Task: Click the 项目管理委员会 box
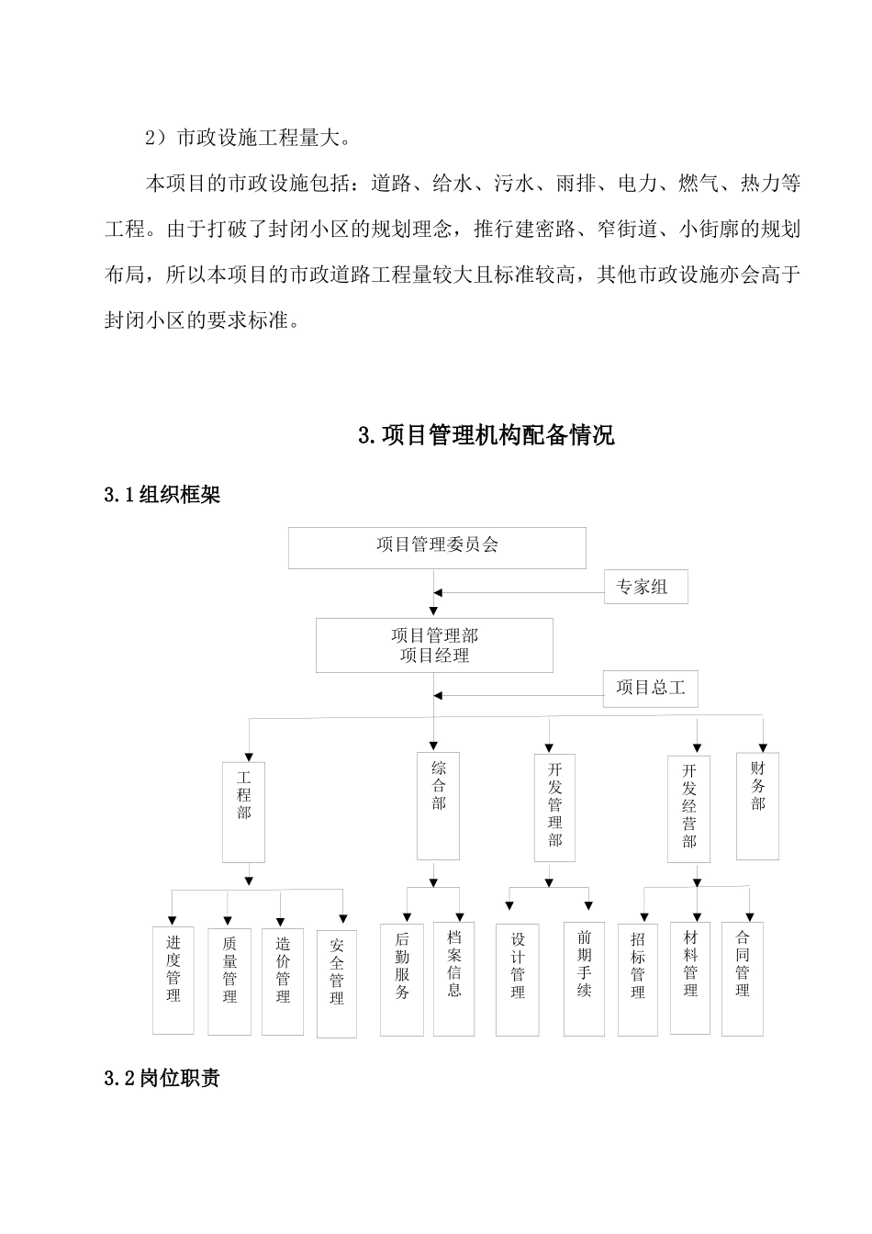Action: [437, 547]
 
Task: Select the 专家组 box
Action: [645, 587]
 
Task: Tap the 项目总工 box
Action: [650, 689]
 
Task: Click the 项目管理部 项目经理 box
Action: [434, 645]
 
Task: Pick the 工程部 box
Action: [244, 811]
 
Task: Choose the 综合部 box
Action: [439, 806]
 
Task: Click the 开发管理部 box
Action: [554, 807]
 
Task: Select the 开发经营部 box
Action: [688, 809]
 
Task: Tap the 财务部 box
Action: [757, 805]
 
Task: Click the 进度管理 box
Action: [173, 981]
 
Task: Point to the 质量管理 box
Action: [229, 982]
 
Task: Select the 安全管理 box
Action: [337, 983]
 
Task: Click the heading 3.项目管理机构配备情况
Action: [486, 435]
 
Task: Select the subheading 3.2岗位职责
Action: [162, 1079]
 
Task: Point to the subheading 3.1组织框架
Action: [162, 496]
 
